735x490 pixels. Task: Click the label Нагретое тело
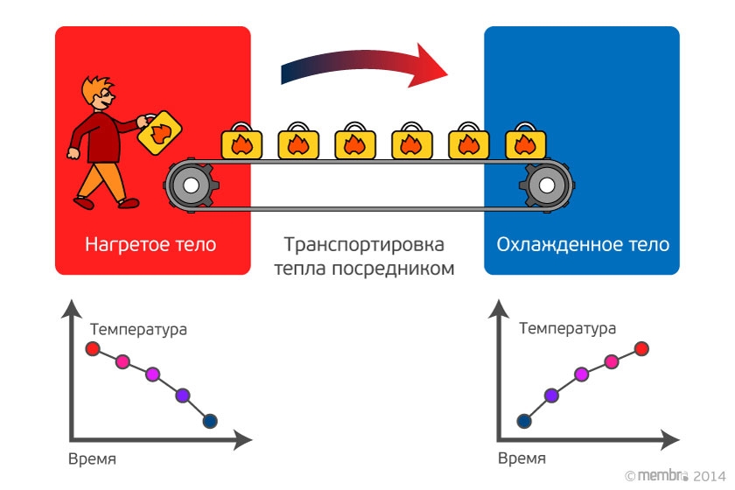click(150, 244)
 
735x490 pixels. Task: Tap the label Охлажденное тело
click(583, 244)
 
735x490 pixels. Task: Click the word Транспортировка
click(365, 244)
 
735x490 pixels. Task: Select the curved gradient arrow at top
click(362, 69)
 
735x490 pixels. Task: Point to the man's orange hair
click(93, 87)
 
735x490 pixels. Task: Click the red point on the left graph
click(92, 349)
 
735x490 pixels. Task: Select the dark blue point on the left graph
click(210, 421)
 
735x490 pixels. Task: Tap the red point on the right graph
click(641, 349)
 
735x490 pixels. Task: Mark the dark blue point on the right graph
click(523, 421)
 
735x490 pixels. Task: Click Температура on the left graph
click(138, 330)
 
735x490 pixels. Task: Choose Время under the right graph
click(521, 458)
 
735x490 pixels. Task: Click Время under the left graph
click(92, 458)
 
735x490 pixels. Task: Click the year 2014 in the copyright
click(710, 475)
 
